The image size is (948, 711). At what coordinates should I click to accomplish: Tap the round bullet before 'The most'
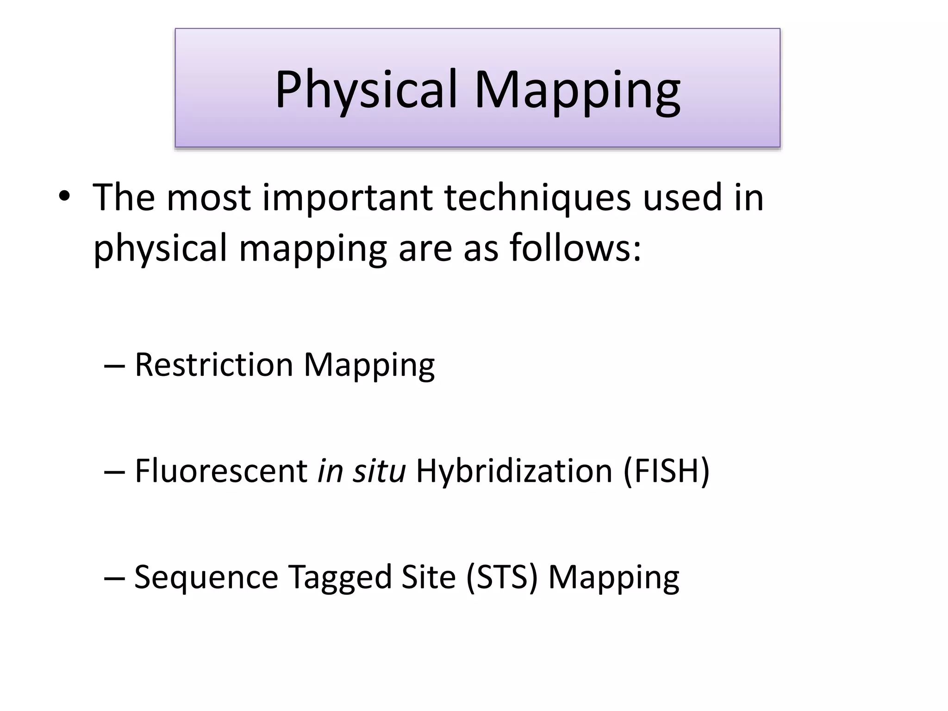click(x=64, y=198)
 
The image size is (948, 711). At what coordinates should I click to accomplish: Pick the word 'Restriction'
click(x=214, y=365)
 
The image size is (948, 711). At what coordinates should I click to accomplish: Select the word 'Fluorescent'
click(x=221, y=471)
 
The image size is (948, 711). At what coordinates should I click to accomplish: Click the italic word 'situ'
click(x=379, y=471)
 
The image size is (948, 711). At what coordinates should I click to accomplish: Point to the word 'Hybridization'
click(x=514, y=471)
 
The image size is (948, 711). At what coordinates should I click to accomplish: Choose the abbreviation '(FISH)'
click(x=666, y=471)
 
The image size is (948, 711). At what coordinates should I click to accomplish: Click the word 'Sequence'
click(x=206, y=577)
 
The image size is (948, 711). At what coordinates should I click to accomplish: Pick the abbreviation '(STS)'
click(x=502, y=577)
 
